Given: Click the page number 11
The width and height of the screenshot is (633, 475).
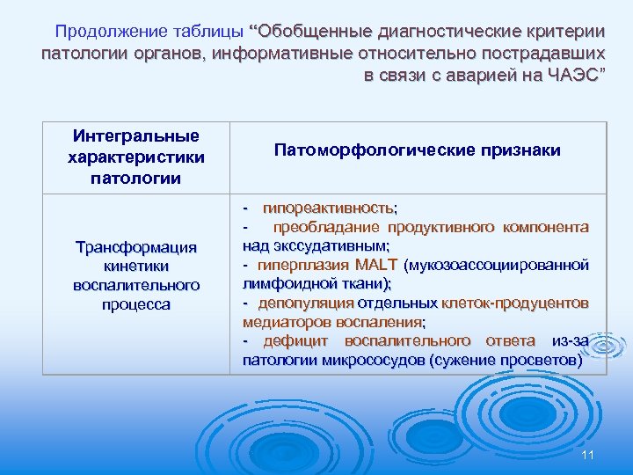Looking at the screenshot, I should click(588, 454).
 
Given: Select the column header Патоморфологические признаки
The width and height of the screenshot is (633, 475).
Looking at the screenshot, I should click(418, 151).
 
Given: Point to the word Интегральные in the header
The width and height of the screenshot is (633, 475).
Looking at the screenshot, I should click(136, 135).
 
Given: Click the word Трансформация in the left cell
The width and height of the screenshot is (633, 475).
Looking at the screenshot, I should click(136, 247).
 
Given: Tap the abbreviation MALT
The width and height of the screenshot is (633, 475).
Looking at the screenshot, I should click(376, 265).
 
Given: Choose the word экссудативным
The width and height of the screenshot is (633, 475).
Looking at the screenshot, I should click(338, 245).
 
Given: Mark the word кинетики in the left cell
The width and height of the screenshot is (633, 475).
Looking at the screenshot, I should click(136, 267).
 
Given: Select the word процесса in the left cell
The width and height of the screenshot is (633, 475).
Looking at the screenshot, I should click(136, 304).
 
